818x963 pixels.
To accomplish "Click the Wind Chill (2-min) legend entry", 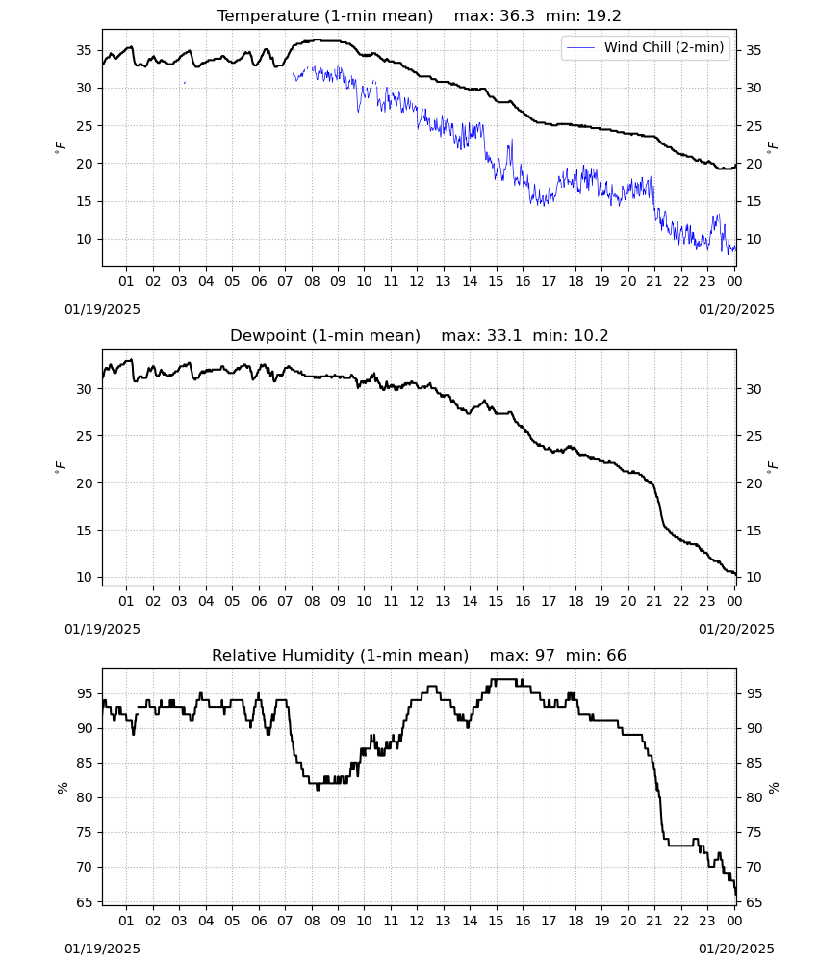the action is [x=646, y=47].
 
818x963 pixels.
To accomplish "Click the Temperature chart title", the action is [x=325, y=16].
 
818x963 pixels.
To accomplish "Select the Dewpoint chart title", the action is [x=325, y=335].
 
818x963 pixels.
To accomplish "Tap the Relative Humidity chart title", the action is [x=340, y=655].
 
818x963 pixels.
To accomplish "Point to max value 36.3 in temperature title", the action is [x=518, y=16].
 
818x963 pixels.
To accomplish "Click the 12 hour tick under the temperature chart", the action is [x=417, y=281].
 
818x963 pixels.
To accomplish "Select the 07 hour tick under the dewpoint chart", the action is [x=285, y=601].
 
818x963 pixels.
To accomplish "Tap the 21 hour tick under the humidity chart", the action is [x=654, y=921].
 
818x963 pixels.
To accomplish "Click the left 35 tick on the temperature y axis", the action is [x=84, y=50].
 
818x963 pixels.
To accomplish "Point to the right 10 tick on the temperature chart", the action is [x=754, y=239].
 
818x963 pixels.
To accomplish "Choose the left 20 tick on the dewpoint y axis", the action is [x=84, y=483].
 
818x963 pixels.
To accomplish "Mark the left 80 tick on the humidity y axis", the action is [x=84, y=797].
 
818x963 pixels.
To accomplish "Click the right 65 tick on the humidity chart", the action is [x=754, y=902].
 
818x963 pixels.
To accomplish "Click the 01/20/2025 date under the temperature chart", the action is [x=736, y=309].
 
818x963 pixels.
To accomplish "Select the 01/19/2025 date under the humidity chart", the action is [x=102, y=949].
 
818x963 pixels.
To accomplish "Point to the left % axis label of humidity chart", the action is [x=62, y=788].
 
